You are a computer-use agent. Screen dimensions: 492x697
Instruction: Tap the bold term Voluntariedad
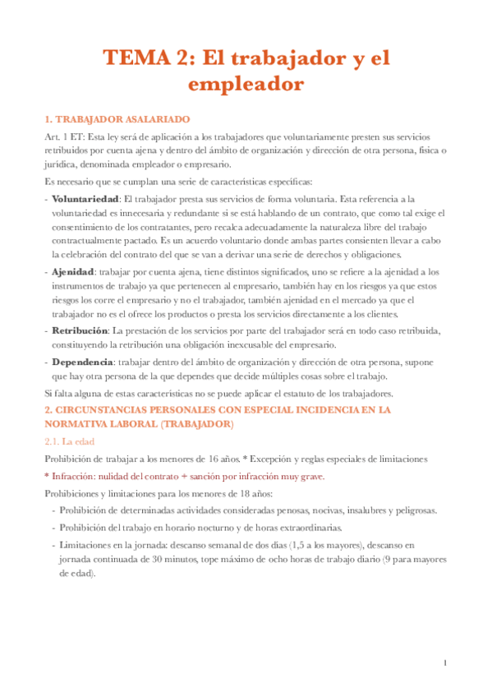pyautogui.click(x=85, y=198)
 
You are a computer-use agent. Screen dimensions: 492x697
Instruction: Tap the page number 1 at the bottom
pyautogui.click(x=444, y=662)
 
